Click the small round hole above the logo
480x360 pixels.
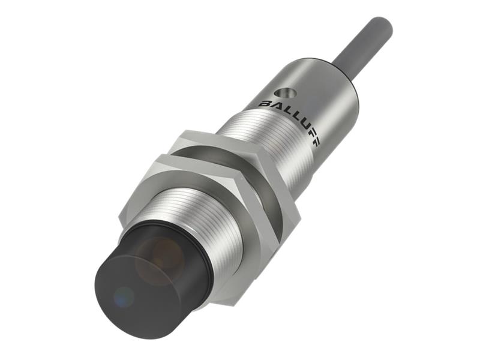point(281,94)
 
